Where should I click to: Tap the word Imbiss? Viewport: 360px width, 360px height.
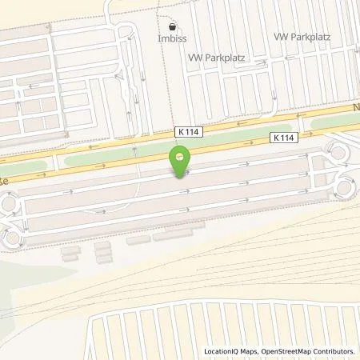[172, 37]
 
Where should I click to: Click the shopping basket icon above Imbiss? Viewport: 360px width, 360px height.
[172, 26]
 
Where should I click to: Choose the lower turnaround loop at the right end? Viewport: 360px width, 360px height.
[346, 188]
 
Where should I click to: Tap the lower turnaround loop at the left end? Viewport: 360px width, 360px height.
[11, 237]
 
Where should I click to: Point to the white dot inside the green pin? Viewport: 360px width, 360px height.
[181, 155]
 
